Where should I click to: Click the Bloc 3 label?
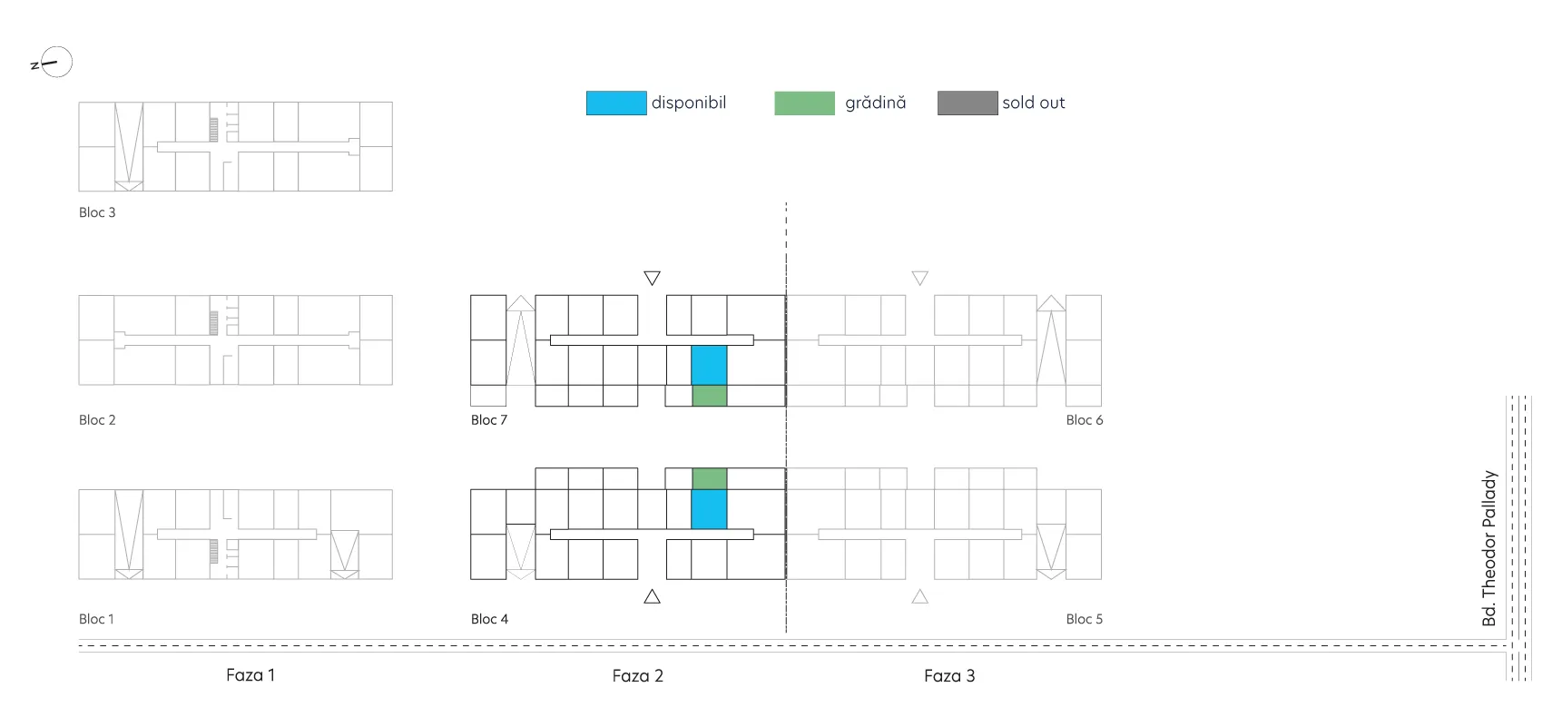[97, 212]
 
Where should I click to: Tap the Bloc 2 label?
[97, 420]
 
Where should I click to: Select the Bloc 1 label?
[96, 619]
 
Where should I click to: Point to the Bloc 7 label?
[489, 420]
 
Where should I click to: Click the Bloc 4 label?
[489, 619]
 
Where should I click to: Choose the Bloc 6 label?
[1085, 420]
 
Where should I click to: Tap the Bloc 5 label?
[1085, 619]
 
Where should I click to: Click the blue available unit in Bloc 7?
[709, 365]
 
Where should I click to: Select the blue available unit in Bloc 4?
[709, 509]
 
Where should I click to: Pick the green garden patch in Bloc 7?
[710, 396]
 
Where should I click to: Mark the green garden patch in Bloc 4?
[710, 478]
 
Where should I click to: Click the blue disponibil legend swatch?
[616, 103]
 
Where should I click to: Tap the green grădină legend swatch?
[804, 103]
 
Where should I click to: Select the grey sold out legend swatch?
[968, 103]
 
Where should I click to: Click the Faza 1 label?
[251, 675]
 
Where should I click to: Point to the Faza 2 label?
[638, 675]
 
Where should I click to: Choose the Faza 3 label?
[949, 675]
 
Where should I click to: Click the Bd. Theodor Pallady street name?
[1489, 548]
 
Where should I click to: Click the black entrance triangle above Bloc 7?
[652, 278]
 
